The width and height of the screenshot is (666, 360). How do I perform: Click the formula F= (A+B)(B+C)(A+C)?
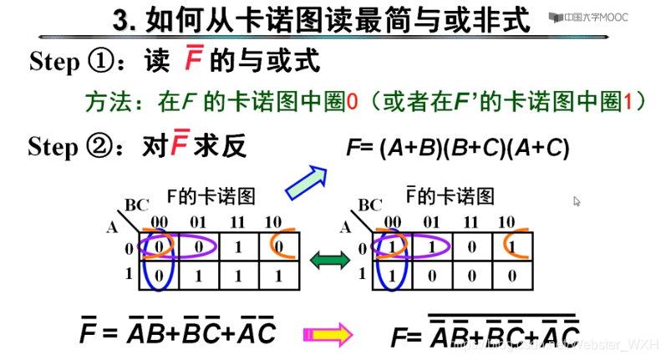pyautogui.click(x=457, y=149)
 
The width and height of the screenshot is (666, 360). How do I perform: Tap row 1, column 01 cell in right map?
pyautogui.click(x=433, y=275)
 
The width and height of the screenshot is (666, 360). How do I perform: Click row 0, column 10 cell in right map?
pyautogui.click(x=511, y=248)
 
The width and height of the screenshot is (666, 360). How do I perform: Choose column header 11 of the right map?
pyautogui.click(x=471, y=223)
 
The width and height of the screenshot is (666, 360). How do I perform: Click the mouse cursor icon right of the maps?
pyautogui.click(x=577, y=201)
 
